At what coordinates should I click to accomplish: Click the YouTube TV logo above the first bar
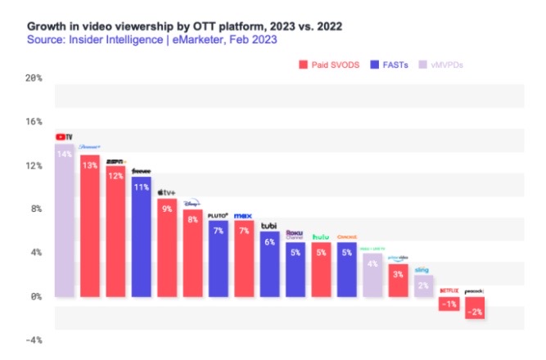click(x=64, y=137)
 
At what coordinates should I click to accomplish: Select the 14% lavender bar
click(x=65, y=221)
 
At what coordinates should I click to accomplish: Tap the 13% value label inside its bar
click(x=90, y=164)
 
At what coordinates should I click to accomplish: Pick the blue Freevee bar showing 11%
click(x=141, y=237)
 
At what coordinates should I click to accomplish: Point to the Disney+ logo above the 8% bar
click(x=192, y=203)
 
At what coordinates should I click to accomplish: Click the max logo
click(x=243, y=215)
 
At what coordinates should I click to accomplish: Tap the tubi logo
click(x=268, y=225)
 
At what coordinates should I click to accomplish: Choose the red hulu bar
click(x=320, y=269)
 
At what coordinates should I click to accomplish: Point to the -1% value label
click(x=448, y=304)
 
